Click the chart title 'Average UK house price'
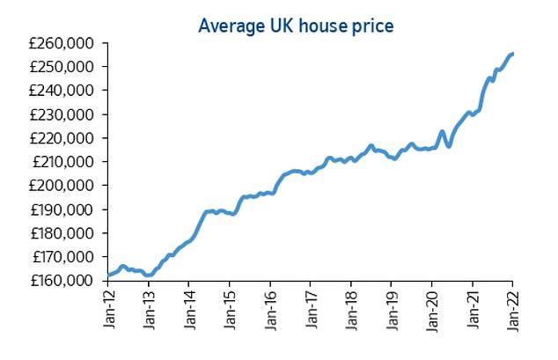pyautogui.click(x=296, y=25)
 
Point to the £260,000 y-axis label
pyautogui.click(x=67, y=42)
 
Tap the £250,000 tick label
pyautogui.click(x=67, y=66)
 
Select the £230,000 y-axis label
pyautogui.click(x=67, y=114)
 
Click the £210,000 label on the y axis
pyautogui.click(x=67, y=161)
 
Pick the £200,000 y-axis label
pyautogui.click(x=67, y=185)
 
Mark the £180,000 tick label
pyautogui.click(x=67, y=233)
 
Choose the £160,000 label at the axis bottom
pyautogui.click(x=67, y=281)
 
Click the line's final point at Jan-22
pyautogui.click(x=513, y=54)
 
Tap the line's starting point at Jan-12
pyautogui.click(x=108, y=276)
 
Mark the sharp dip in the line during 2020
pyautogui.click(x=449, y=145)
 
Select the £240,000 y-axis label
pyautogui.click(x=67, y=90)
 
